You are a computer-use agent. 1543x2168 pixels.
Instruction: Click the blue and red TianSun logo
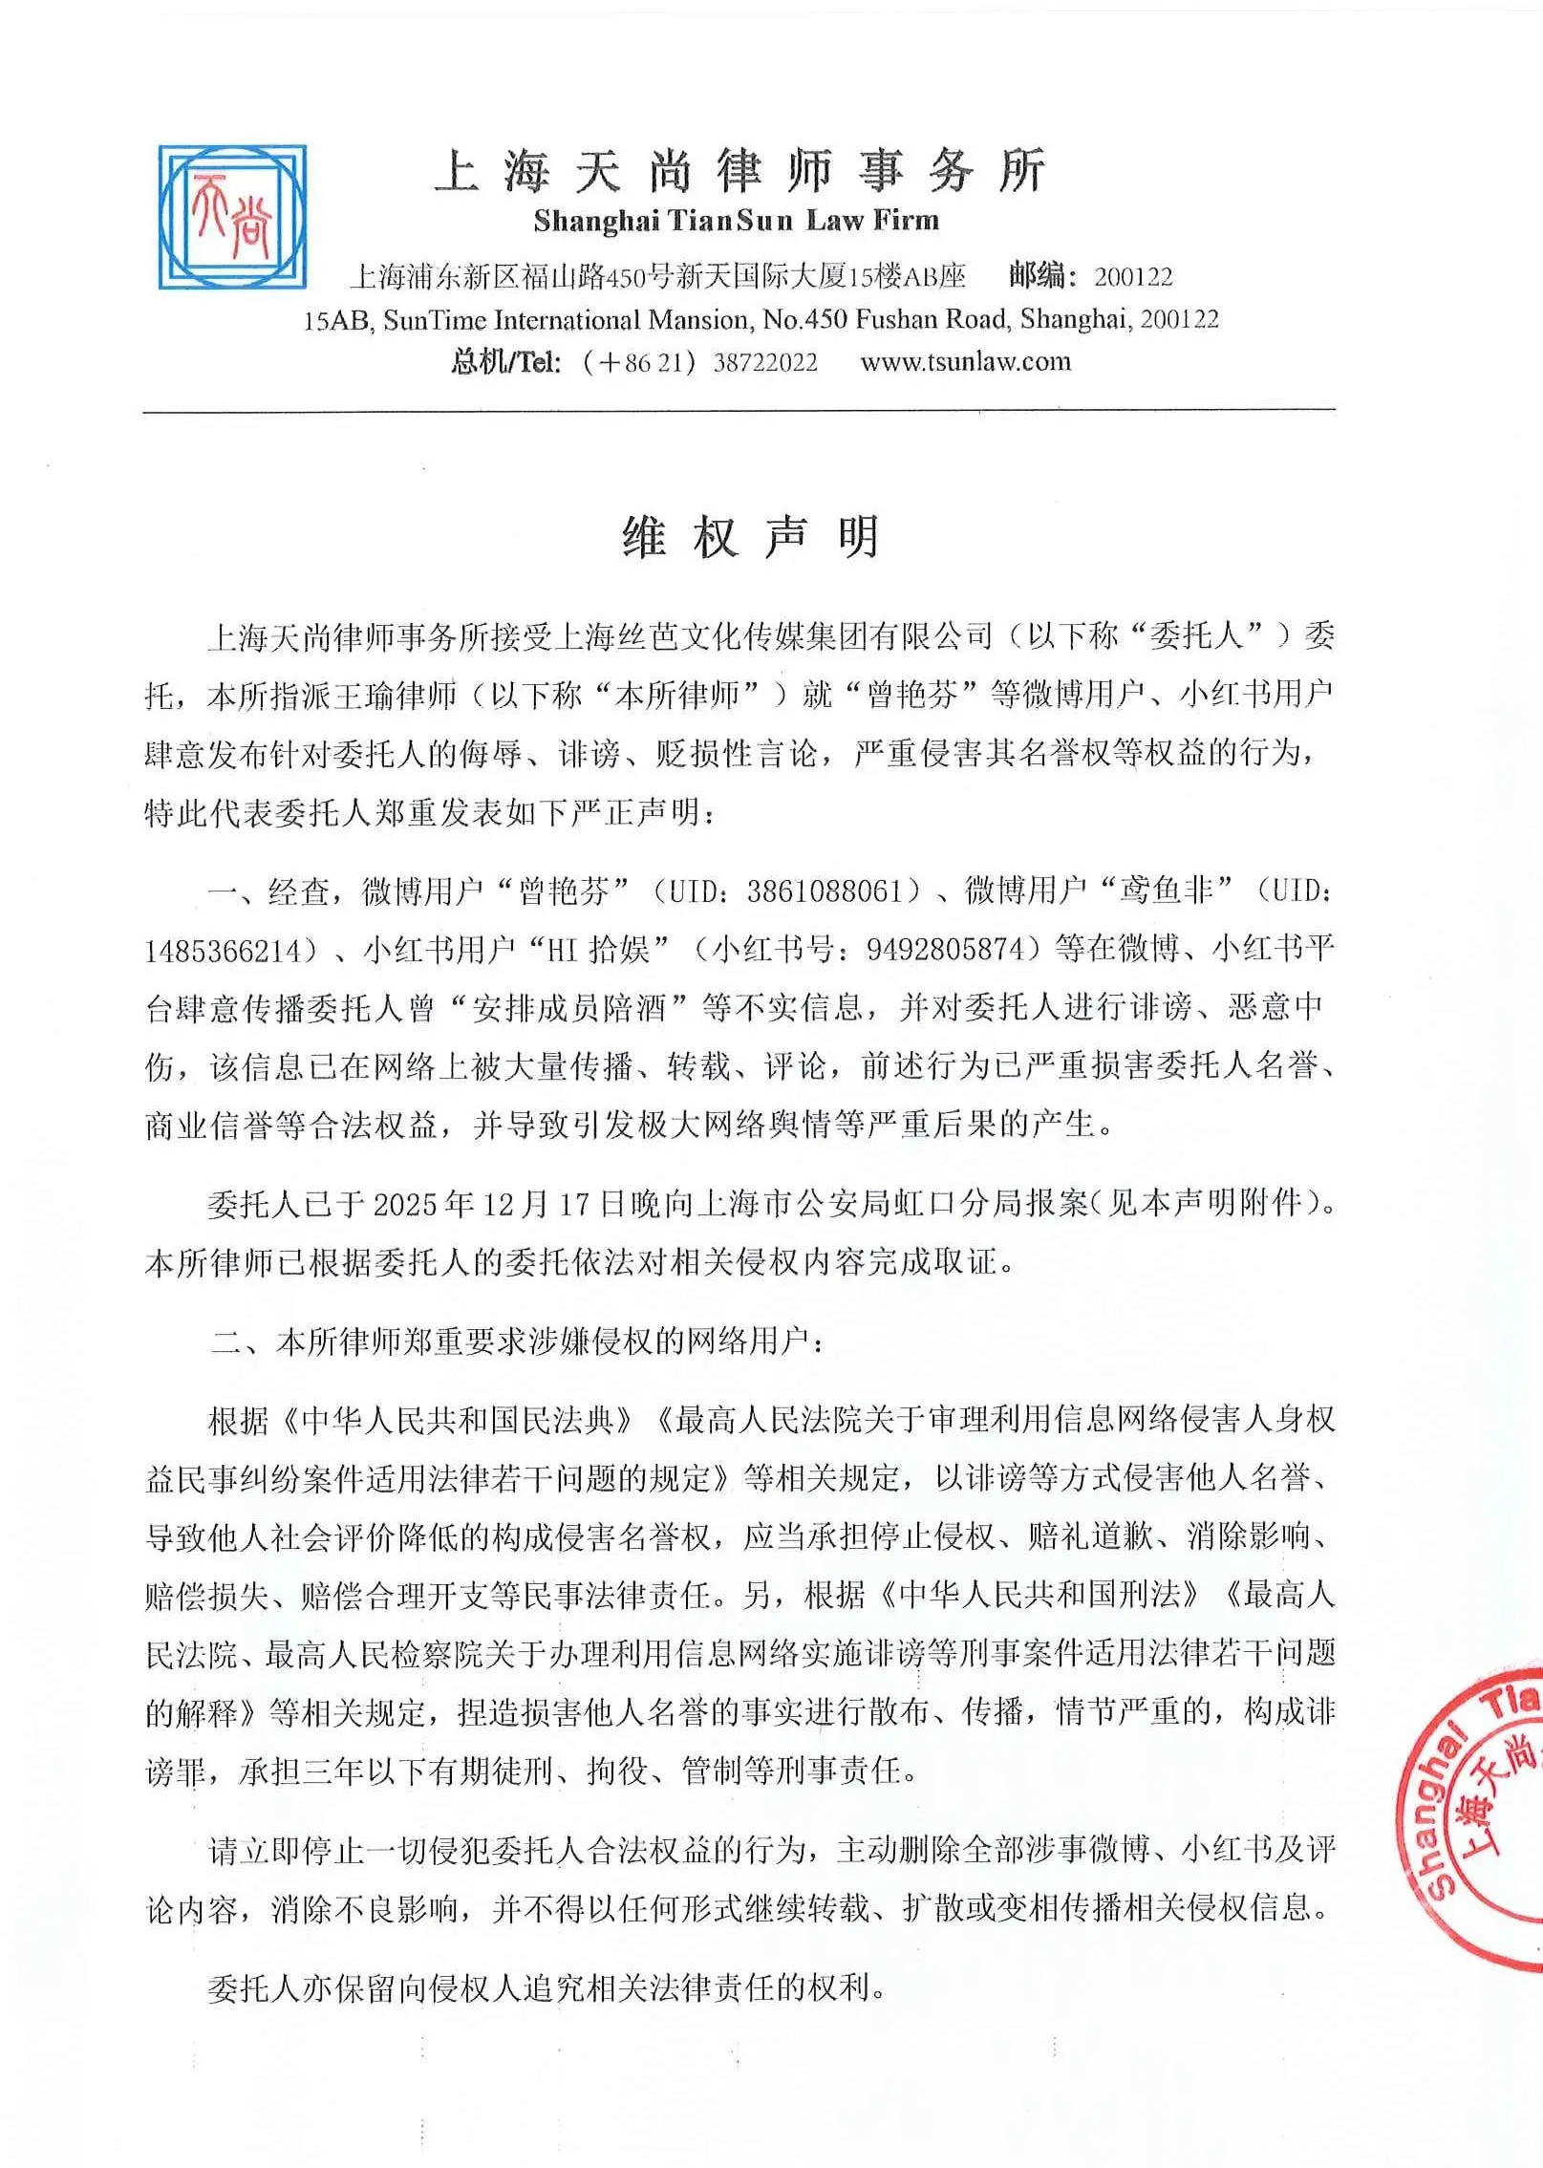[232, 218]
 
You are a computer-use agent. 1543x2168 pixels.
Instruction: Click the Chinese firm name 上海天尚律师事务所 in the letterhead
[739, 172]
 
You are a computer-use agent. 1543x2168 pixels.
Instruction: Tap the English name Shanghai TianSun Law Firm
[737, 222]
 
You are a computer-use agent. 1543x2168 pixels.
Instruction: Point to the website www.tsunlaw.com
[965, 362]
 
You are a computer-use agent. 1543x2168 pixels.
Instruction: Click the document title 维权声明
[751, 537]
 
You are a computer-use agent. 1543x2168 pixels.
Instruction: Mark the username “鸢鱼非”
[1167, 891]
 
